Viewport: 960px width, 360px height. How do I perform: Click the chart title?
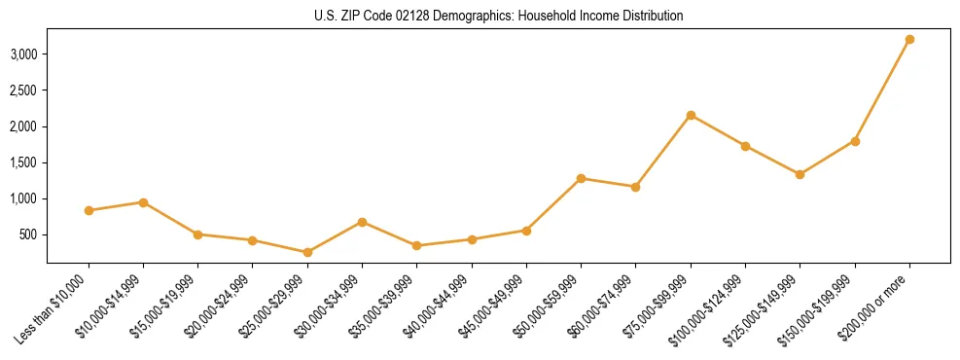498,17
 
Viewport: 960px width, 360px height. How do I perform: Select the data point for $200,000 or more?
909,40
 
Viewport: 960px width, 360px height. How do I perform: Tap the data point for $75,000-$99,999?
691,115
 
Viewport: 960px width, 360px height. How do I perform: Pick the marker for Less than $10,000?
89,210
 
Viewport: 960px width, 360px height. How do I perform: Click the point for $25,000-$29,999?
307,252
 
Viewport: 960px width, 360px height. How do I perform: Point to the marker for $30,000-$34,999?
362,222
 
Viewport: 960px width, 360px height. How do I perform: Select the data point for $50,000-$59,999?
581,178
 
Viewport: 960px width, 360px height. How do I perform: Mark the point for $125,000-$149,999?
800,174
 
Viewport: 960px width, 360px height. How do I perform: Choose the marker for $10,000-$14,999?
143,202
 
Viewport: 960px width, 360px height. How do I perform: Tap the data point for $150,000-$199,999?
855,141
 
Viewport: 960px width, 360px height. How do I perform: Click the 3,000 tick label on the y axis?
24,54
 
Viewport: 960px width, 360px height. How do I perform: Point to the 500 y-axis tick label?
29,234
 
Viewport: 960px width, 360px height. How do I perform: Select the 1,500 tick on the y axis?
24,162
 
